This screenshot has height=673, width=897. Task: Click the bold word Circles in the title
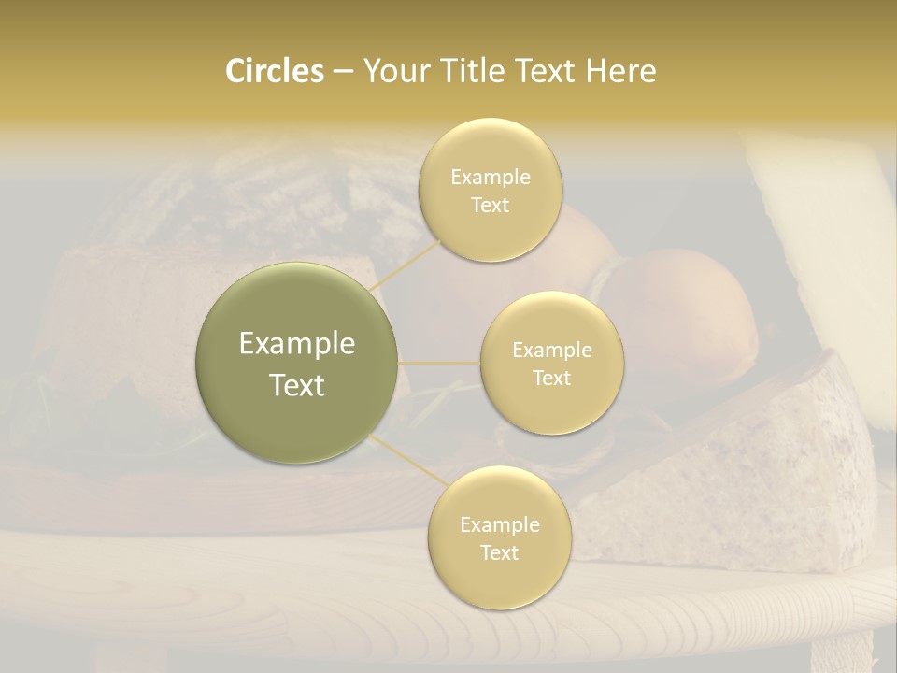click(274, 71)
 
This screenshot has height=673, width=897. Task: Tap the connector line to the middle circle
click(439, 363)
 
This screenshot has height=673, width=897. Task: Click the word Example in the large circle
click(297, 344)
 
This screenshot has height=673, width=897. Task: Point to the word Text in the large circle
click(297, 385)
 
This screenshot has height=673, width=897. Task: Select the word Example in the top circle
click(490, 177)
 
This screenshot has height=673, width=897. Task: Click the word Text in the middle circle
click(551, 379)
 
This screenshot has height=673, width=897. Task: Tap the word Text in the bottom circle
click(499, 552)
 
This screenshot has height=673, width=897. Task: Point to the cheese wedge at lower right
click(747, 458)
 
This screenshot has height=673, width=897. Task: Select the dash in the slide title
click(342, 72)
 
